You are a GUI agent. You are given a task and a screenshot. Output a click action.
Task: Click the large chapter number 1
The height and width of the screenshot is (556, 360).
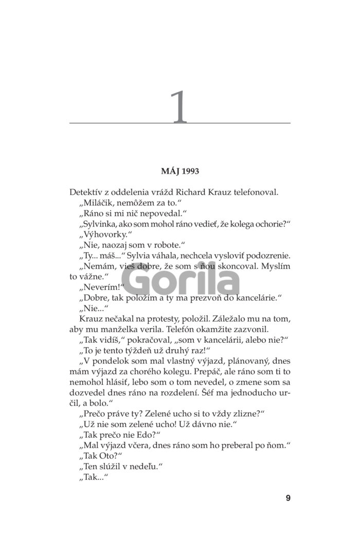click(x=179, y=107)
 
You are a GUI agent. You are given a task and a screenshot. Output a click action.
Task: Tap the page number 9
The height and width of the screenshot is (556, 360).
click(x=288, y=497)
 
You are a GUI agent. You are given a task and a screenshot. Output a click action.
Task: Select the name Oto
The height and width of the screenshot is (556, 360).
click(x=110, y=456)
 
